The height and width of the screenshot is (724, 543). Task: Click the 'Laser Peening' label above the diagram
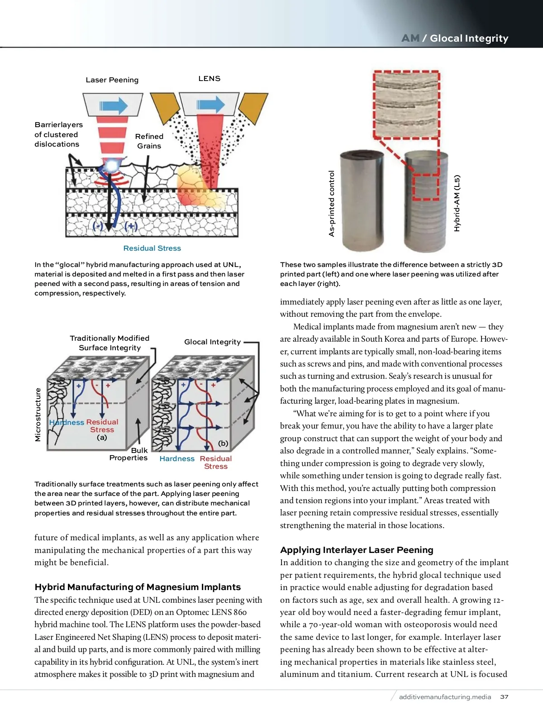pos(112,80)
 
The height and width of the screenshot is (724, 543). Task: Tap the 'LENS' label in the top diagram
pos(209,79)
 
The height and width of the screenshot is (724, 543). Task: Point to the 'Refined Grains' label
pos(149,141)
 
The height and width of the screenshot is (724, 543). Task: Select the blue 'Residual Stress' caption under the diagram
pos(152,248)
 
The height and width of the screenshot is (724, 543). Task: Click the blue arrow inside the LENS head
pos(210,105)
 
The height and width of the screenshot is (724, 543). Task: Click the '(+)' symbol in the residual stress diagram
pos(131,226)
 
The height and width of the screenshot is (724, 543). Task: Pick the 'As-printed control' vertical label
pos(332,204)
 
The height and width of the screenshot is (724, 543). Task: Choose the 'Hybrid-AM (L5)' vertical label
pos(457,203)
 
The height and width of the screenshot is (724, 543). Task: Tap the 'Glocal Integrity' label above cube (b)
pos(212,342)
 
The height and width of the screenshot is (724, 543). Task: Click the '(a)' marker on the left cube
pos(102,438)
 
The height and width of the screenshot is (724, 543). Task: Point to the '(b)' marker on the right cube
pos(223,443)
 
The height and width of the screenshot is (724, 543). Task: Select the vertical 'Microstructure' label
pos(38,414)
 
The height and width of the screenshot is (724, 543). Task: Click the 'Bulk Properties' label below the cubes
pos(129,454)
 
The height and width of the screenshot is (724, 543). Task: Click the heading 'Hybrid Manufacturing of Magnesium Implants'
pos(138,587)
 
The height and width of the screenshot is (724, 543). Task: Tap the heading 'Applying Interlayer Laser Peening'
pos(357,550)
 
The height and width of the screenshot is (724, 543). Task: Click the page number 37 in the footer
pos(504,697)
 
